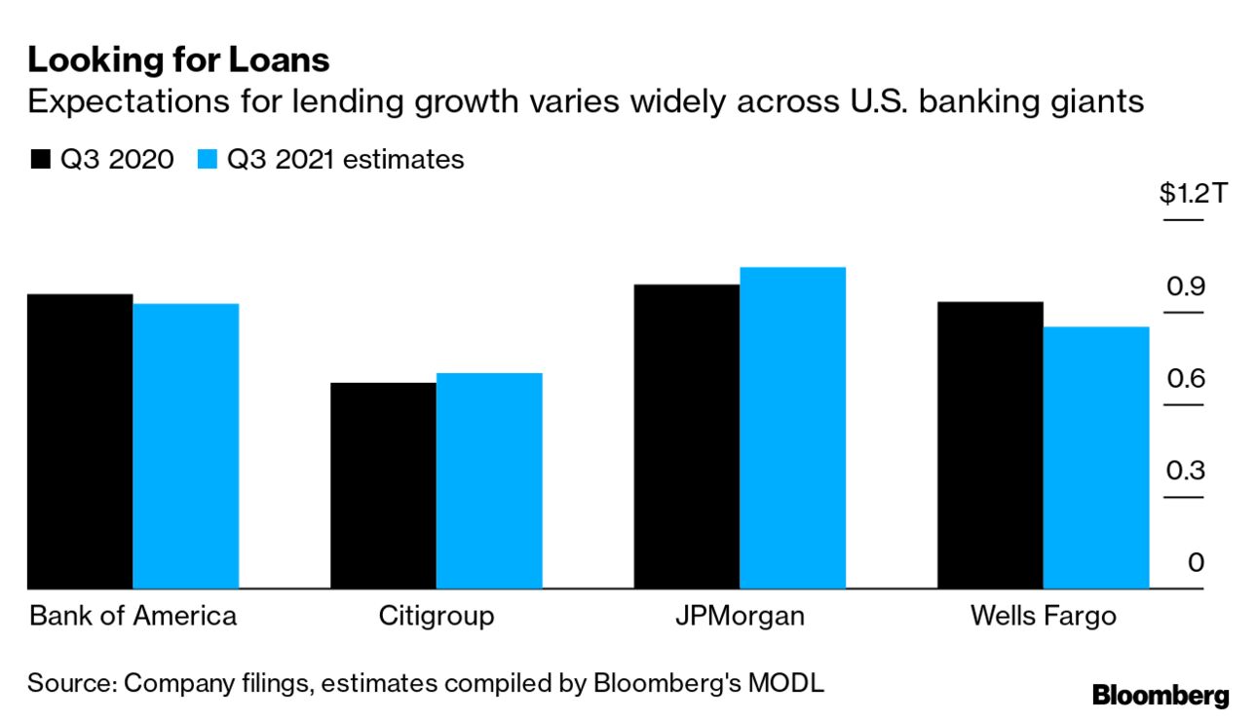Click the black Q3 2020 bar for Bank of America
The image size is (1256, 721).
(80, 441)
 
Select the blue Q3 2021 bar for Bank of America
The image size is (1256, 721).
(186, 446)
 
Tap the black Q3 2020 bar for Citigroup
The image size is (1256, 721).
(383, 485)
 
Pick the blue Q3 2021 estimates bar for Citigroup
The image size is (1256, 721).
(489, 481)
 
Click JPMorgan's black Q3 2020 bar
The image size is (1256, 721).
(687, 436)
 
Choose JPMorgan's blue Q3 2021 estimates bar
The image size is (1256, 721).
(792, 428)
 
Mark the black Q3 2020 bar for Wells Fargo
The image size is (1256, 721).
(990, 445)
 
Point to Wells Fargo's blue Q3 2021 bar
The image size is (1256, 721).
(1096, 458)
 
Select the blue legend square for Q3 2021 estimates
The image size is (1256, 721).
(207, 160)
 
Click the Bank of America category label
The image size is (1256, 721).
(133, 617)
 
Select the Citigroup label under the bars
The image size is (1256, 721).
(437, 617)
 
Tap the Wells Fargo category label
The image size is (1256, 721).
(1043, 617)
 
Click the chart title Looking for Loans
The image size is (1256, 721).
(179, 61)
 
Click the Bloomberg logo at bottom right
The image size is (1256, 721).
(1161, 696)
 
